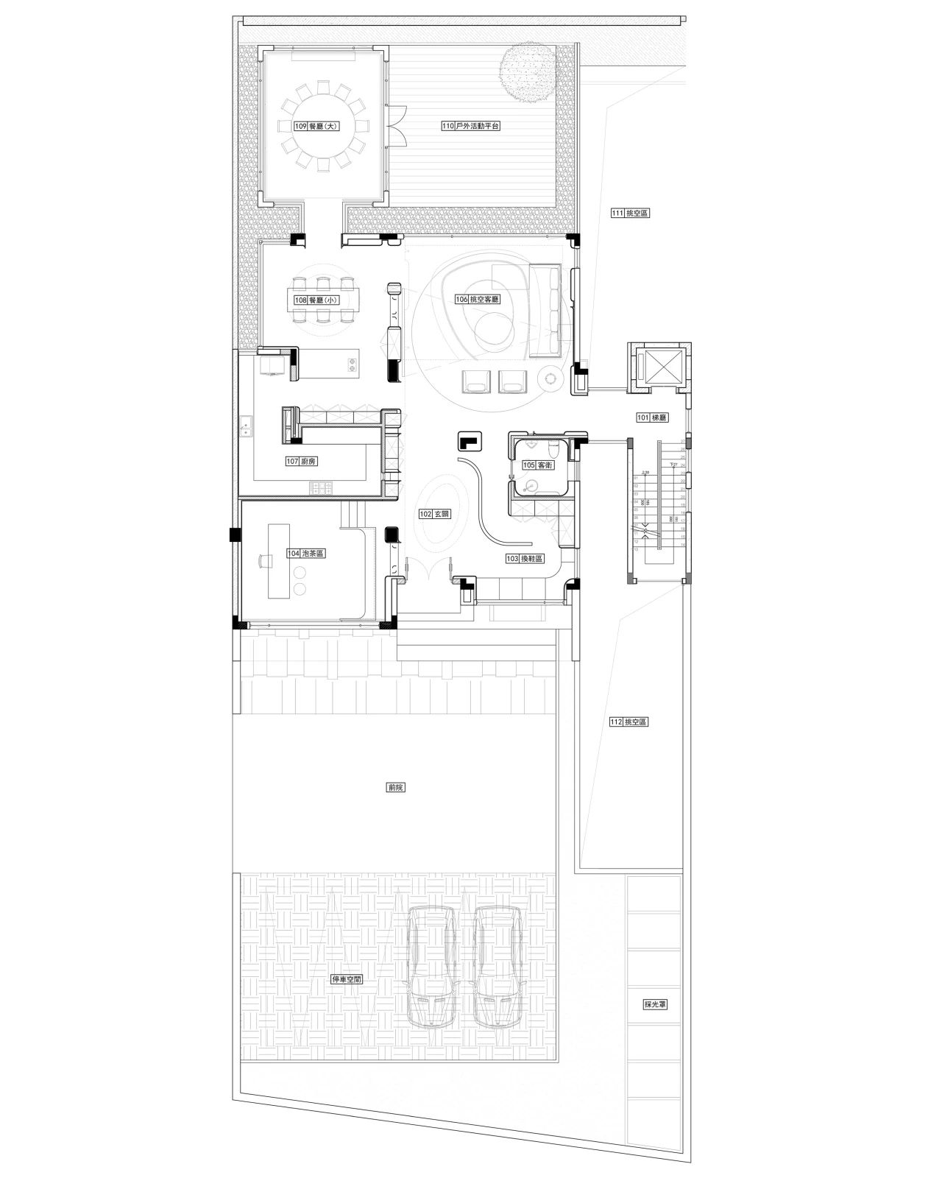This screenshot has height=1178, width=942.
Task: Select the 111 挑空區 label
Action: pos(631,214)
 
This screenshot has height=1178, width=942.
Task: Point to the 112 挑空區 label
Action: pos(629,722)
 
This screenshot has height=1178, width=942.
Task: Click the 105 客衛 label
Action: pos(538,465)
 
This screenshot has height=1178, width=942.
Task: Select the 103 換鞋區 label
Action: pos(524,559)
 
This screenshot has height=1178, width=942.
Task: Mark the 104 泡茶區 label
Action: pos(307,553)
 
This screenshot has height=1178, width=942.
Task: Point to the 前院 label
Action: pos(396,787)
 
